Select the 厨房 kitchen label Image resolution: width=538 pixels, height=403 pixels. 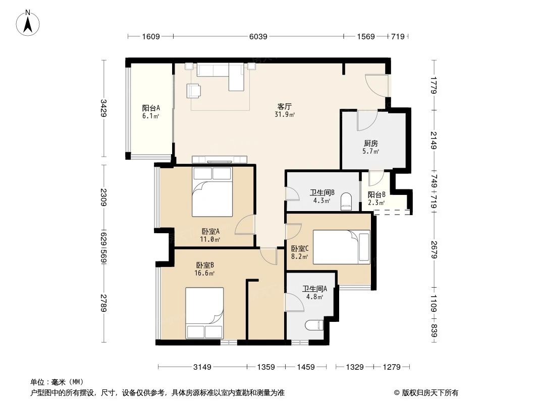coord(371,143)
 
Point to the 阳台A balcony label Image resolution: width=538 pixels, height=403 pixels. coord(151,108)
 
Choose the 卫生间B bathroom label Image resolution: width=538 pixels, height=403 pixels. coord(320,192)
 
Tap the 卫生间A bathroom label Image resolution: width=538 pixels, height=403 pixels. coord(315,289)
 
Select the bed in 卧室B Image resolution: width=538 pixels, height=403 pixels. coord(204,312)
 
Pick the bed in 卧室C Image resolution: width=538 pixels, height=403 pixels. coord(341,247)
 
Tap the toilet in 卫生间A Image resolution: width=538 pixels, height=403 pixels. coord(314,324)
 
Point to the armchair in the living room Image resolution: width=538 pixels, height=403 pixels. coord(193,90)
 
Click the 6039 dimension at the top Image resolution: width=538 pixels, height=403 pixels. coord(258,37)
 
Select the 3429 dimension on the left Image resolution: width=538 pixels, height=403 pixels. coord(104,108)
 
